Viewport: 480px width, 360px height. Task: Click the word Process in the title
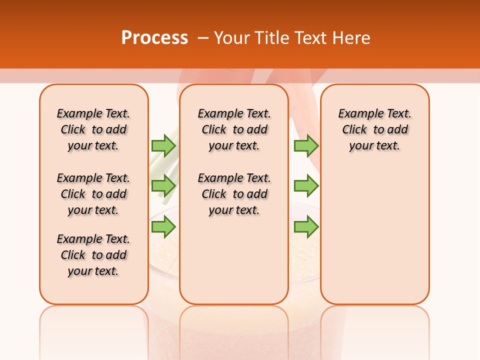pos(154,38)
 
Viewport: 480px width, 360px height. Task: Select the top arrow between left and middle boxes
pos(163,145)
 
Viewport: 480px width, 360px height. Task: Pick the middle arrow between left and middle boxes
pos(163,186)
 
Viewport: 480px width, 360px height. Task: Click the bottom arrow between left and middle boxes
pos(163,227)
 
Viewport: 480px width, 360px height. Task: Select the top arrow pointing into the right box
pos(306,145)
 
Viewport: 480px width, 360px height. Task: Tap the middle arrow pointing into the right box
pos(306,186)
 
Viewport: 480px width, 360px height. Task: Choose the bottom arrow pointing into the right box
pos(306,227)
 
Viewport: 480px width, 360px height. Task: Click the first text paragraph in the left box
pos(93,129)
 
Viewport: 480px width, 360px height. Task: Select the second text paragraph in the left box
pos(93,194)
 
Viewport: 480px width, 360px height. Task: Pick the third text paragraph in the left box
pos(93,255)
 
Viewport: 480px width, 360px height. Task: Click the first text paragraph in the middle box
pos(234,129)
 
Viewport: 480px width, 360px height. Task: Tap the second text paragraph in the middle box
pos(234,194)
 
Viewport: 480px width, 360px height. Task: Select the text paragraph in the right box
pos(374,129)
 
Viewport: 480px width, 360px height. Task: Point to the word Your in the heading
pos(231,38)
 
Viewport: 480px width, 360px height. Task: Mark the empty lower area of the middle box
pos(234,260)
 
